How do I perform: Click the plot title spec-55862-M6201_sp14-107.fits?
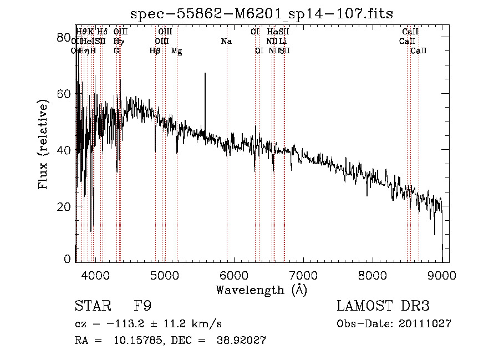262,13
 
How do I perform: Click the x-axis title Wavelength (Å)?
261,290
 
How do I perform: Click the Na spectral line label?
226,42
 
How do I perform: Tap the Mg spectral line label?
176,51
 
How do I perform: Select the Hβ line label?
155,51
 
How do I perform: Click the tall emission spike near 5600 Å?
205,75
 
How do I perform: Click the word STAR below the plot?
92,307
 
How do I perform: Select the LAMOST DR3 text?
383,307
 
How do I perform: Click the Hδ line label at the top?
102,32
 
